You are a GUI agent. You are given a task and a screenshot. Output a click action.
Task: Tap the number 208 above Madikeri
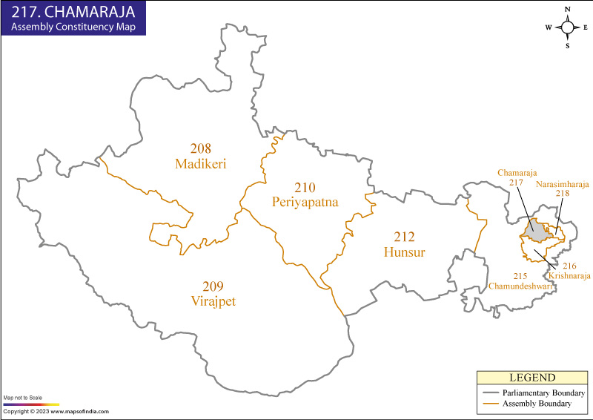[x=201, y=148]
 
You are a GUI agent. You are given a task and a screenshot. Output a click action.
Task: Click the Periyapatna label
[x=305, y=201]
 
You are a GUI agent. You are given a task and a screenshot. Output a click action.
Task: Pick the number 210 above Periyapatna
[x=305, y=186]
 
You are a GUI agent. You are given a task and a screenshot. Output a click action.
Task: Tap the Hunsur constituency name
[x=404, y=252]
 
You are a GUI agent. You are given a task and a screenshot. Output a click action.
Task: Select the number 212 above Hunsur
[x=404, y=237]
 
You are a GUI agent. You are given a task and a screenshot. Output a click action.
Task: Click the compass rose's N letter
[x=568, y=10]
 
